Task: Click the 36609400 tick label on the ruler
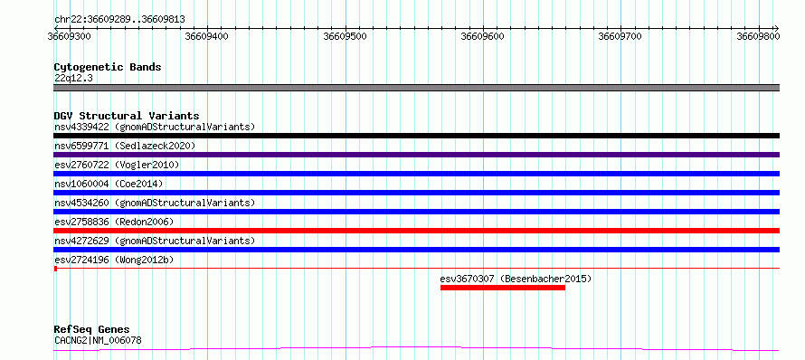click(207, 36)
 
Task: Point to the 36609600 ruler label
click(483, 36)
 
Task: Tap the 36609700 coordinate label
click(620, 36)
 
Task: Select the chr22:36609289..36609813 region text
click(119, 20)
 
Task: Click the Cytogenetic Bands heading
click(108, 67)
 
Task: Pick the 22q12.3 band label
click(73, 78)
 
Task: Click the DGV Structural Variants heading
click(127, 116)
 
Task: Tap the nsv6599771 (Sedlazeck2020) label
click(125, 146)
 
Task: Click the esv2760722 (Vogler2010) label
click(117, 165)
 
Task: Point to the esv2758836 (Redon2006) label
click(114, 222)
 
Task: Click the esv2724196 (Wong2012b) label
click(114, 260)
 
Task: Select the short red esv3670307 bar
click(503, 288)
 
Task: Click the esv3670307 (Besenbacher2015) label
click(516, 279)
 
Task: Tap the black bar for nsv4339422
click(416, 136)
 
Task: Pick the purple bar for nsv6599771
click(416, 155)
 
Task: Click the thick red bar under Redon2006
click(416, 231)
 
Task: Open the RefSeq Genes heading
click(92, 329)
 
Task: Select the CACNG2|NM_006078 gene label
click(98, 340)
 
